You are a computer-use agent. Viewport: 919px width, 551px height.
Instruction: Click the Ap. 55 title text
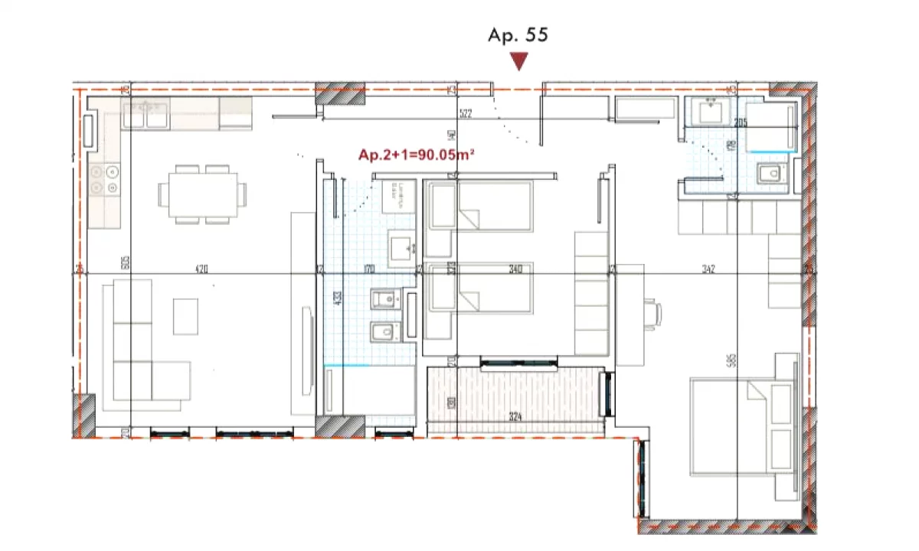click(x=518, y=35)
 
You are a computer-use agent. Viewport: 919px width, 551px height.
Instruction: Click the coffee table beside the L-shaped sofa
click(x=185, y=316)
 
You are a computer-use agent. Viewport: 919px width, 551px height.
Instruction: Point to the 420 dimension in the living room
click(x=201, y=269)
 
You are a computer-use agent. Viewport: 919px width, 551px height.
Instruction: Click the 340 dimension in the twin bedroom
click(x=515, y=269)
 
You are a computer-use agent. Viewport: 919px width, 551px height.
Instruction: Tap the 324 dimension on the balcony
click(x=515, y=418)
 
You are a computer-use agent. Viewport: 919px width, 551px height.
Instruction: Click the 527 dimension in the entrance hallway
click(x=464, y=115)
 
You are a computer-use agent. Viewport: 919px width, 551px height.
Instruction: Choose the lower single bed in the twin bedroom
click(x=479, y=288)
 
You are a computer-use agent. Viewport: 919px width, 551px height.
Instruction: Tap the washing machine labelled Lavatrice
click(x=398, y=197)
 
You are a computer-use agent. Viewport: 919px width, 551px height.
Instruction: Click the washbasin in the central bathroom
click(x=401, y=249)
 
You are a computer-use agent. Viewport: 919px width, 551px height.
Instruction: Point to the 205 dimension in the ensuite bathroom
click(x=739, y=122)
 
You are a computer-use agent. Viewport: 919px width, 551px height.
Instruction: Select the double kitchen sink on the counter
click(x=146, y=115)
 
